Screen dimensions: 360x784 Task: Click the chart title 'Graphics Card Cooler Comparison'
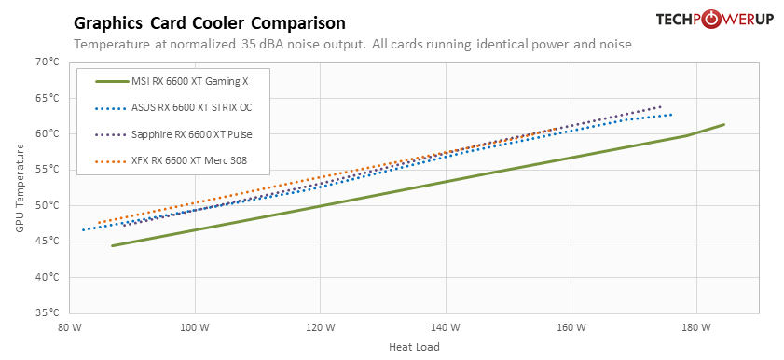(209, 22)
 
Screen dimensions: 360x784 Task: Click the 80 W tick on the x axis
(70, 327)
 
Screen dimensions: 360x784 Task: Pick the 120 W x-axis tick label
(320, 327)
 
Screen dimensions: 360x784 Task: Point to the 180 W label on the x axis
(696, 327)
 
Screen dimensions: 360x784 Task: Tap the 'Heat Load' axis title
(414, 347)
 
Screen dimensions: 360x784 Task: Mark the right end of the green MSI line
(723, 124)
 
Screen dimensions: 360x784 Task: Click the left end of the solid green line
(112, 246)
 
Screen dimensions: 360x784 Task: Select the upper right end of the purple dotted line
(661, 106)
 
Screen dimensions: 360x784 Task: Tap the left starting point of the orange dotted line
(98, 222)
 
